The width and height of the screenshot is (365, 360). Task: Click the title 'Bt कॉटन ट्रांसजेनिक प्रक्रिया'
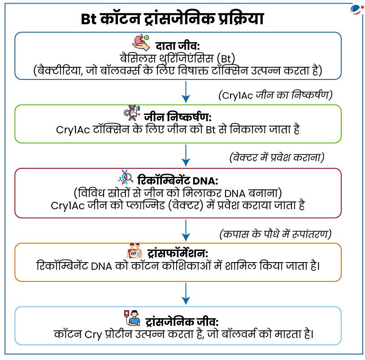point(172,19)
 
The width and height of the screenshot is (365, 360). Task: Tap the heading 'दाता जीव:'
point(178,46)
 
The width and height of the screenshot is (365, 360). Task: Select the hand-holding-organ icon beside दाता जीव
point(141,43)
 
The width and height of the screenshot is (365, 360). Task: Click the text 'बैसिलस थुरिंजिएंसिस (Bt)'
point(178,58)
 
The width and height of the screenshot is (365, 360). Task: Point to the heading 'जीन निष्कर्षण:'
point(178,117)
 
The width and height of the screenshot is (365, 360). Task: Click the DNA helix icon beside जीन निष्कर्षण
point(132,113)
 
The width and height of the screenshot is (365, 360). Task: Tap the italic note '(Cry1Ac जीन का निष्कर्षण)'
point(275,95)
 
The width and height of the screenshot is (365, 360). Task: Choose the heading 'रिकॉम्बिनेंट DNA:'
point(178,180)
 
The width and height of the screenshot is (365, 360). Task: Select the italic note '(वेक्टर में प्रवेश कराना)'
point(277,158)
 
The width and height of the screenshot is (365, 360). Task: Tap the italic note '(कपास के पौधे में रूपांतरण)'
point(275,234)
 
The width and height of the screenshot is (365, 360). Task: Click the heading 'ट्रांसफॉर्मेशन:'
point(178,253)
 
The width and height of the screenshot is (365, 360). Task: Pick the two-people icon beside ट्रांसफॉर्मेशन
point(135,251)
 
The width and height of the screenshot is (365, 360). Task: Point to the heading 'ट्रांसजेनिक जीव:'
point(182,322)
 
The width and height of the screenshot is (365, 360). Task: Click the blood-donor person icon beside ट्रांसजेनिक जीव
point(132,318)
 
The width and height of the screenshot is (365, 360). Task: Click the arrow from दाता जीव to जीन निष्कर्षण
point(186,92)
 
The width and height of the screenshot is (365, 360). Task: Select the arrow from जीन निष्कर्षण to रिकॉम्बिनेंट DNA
point(186,155)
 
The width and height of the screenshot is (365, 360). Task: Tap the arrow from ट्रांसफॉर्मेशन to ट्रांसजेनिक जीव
point(186,294)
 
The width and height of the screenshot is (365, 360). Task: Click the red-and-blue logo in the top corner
point(357,10)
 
